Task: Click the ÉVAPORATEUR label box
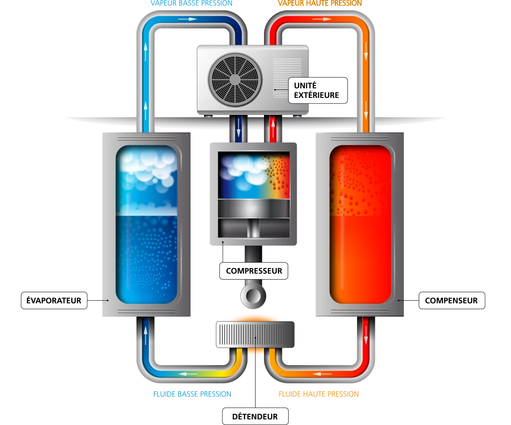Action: click(x=54, y=300)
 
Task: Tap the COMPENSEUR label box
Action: click(x=451, y=300)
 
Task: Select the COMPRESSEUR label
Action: click(x=254, y=271)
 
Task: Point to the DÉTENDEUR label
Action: click(x=255, y=416)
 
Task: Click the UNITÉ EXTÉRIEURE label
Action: click(x=318, y=90)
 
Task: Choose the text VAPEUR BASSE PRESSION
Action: click(x=192, y=4)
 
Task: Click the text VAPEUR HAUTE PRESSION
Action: click(x=319, y=4)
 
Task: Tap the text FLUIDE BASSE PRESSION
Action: click(x=192, y=394)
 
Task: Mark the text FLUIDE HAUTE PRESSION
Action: click(x=319, y=394)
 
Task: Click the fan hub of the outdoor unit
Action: click(x=235, y=80)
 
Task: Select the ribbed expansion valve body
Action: click(x=255, y=334)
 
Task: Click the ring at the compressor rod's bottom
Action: click(x=253, y=296)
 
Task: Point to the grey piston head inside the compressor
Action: click(x=254, y=208)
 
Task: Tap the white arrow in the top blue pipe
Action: click(x=187, y=19)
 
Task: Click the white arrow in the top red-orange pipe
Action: click(x=322, y=19)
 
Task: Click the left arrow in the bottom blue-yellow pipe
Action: click(x=188, y=374)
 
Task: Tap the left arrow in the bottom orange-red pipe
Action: click(x=322, y=374)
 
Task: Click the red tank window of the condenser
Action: click(x=360, y=225)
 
